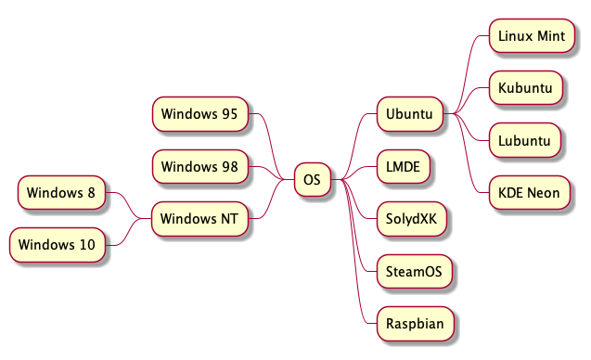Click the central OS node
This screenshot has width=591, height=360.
click(x=313, y=179)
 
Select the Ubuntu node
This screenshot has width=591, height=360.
click(x=409, y=114)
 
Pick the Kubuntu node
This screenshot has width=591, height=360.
click(x=525, y=88)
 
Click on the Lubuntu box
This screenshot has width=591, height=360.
click(x=525, y=140)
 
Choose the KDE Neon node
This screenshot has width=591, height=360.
click(x=529, y=192)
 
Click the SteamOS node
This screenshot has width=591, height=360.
click(x=414, y=272)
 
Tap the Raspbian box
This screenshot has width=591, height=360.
click(x=414, y=324)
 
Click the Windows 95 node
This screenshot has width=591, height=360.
click(x=199, y=114)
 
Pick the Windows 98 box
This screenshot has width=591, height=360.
click(x=199, y=166)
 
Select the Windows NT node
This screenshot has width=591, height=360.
click(x=199, y=219)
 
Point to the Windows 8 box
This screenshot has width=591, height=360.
click(x=61, y=193)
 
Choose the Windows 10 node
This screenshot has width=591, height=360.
click(x=57, y=245)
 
